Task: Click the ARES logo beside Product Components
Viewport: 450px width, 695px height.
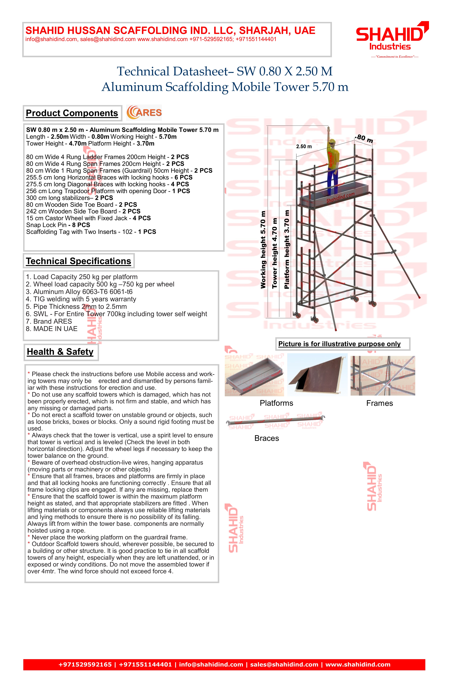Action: click(x=144, y=113)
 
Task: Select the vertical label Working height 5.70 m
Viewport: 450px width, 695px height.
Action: click(x=263, y=250)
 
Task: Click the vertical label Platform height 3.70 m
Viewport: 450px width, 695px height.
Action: click(x=287, y=250)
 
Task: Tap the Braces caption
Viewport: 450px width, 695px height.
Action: click(x=266, y=438)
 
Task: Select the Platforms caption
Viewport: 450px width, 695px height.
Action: click(x=276, y=403)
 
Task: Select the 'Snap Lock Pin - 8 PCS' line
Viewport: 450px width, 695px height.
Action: click(x=58, y=225)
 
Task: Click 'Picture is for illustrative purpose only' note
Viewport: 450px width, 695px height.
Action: click(x=339, y=344)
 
